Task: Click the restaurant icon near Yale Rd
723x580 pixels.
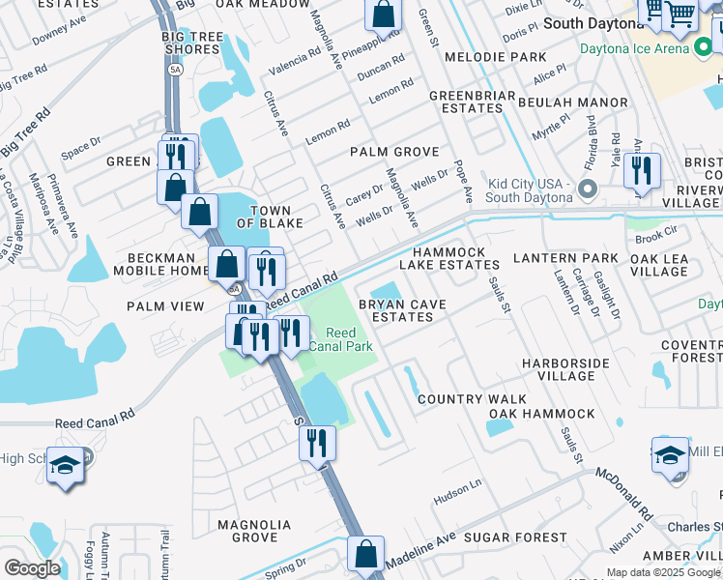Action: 642,171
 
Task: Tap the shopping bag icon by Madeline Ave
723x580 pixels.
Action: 365,555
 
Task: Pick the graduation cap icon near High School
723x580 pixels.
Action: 66,468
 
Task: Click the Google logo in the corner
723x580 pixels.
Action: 33,568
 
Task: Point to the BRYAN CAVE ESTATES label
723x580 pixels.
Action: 402,310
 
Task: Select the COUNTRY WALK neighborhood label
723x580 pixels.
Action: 472,399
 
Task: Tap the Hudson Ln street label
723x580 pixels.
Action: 457,496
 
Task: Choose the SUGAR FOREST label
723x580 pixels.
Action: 515,536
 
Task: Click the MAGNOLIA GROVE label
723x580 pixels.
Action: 254,531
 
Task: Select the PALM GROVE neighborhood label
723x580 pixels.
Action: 394,152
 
